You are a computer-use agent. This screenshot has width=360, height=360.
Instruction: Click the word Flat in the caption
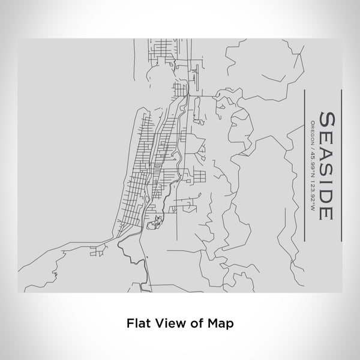(x=137, y=322)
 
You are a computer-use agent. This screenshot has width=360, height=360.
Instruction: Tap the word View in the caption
(x=166, y=322)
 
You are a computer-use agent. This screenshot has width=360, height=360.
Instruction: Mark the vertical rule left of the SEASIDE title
(x=304, y=165)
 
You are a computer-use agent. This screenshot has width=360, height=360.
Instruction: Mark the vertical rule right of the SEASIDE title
(x=341, y=165)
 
